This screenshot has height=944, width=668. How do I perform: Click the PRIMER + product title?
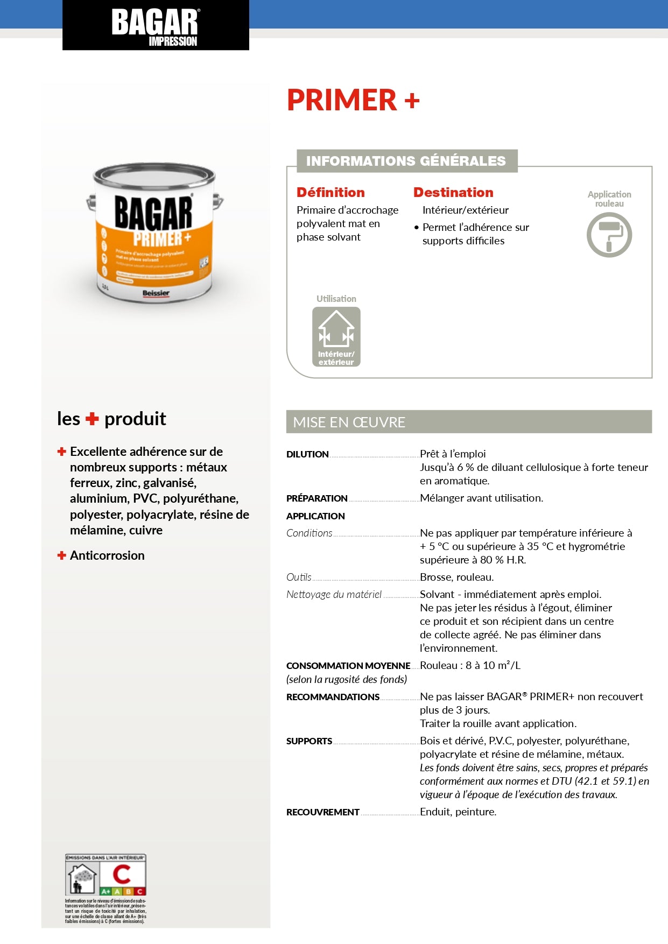tap(353, 100)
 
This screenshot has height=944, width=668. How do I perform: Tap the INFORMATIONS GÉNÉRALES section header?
tap(406, 161)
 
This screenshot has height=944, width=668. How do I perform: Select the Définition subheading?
tap(331, 193)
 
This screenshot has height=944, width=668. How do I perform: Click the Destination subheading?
tap(453, 193)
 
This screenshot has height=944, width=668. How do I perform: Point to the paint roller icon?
tap(609, 235)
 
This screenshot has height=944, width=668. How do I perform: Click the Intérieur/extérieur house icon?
tap(336, 336)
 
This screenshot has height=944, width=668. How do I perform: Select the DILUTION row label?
tap(307, 454)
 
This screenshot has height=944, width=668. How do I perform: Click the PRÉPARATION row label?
tap(317, 498)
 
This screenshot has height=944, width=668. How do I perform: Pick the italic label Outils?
tap(299, 577)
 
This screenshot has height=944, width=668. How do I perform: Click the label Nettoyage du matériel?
tap(334, 595)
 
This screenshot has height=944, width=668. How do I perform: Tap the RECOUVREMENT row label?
tap(322, 812)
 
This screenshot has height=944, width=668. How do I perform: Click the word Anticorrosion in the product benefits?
tap(107, 555)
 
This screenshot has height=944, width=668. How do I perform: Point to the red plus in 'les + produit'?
tap(92, 419)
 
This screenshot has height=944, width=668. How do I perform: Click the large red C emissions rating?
tap(122, 874)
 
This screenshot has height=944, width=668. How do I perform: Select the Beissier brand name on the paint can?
tap(156, 293)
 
